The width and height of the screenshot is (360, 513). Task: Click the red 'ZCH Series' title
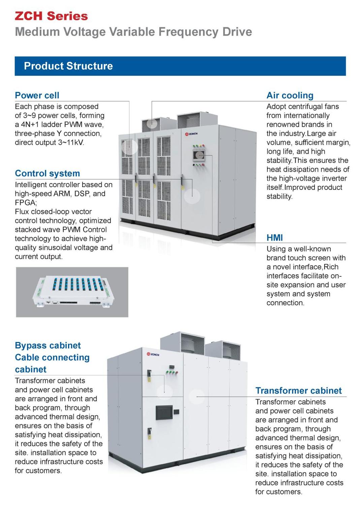51,16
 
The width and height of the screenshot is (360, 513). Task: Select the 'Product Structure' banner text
68,66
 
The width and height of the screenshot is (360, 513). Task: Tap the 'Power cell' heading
37,95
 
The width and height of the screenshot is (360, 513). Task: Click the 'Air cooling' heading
290,95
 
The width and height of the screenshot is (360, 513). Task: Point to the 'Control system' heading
47,173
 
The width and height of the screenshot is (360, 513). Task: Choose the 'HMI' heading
274,238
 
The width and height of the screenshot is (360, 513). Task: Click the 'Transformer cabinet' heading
299,390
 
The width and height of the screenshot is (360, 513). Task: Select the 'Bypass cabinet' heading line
48,345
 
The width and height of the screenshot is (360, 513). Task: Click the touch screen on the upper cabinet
199,155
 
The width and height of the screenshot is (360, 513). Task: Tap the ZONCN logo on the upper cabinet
191,134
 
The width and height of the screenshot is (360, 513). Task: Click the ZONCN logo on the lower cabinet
153,354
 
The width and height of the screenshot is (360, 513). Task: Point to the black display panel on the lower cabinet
164,412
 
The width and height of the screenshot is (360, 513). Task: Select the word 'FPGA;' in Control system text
26,203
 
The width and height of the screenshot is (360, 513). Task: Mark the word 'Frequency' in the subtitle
188,32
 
